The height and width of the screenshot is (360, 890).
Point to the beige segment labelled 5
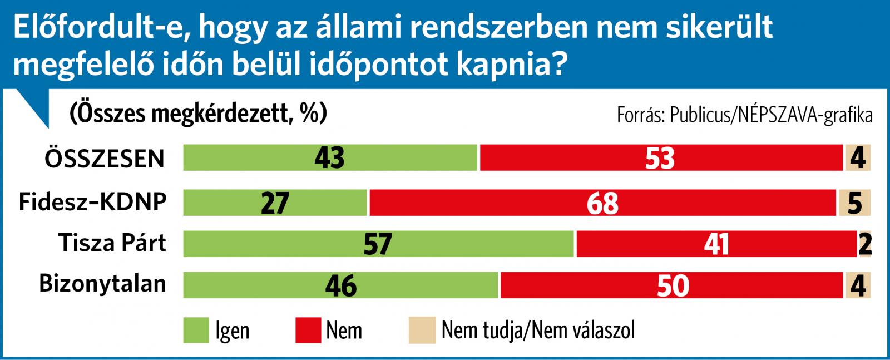854,203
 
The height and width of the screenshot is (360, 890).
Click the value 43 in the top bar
329,158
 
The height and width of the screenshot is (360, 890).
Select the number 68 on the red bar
602,203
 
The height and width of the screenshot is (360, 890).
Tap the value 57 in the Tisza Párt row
378,244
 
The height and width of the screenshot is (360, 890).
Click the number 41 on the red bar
716,244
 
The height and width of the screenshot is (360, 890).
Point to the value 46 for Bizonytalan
340,286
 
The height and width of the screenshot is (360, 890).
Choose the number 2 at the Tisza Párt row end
865,244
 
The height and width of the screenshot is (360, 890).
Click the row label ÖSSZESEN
105,159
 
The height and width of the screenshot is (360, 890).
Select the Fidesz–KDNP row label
92,201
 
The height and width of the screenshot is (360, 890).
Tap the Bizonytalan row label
102,284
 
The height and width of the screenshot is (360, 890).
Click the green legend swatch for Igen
196,331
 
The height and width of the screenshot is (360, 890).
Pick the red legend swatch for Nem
308,331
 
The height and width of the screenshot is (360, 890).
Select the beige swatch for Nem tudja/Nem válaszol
422,331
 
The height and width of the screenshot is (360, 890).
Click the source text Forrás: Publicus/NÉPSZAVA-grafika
744,115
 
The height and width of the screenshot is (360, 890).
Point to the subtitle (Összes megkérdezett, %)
198,114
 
